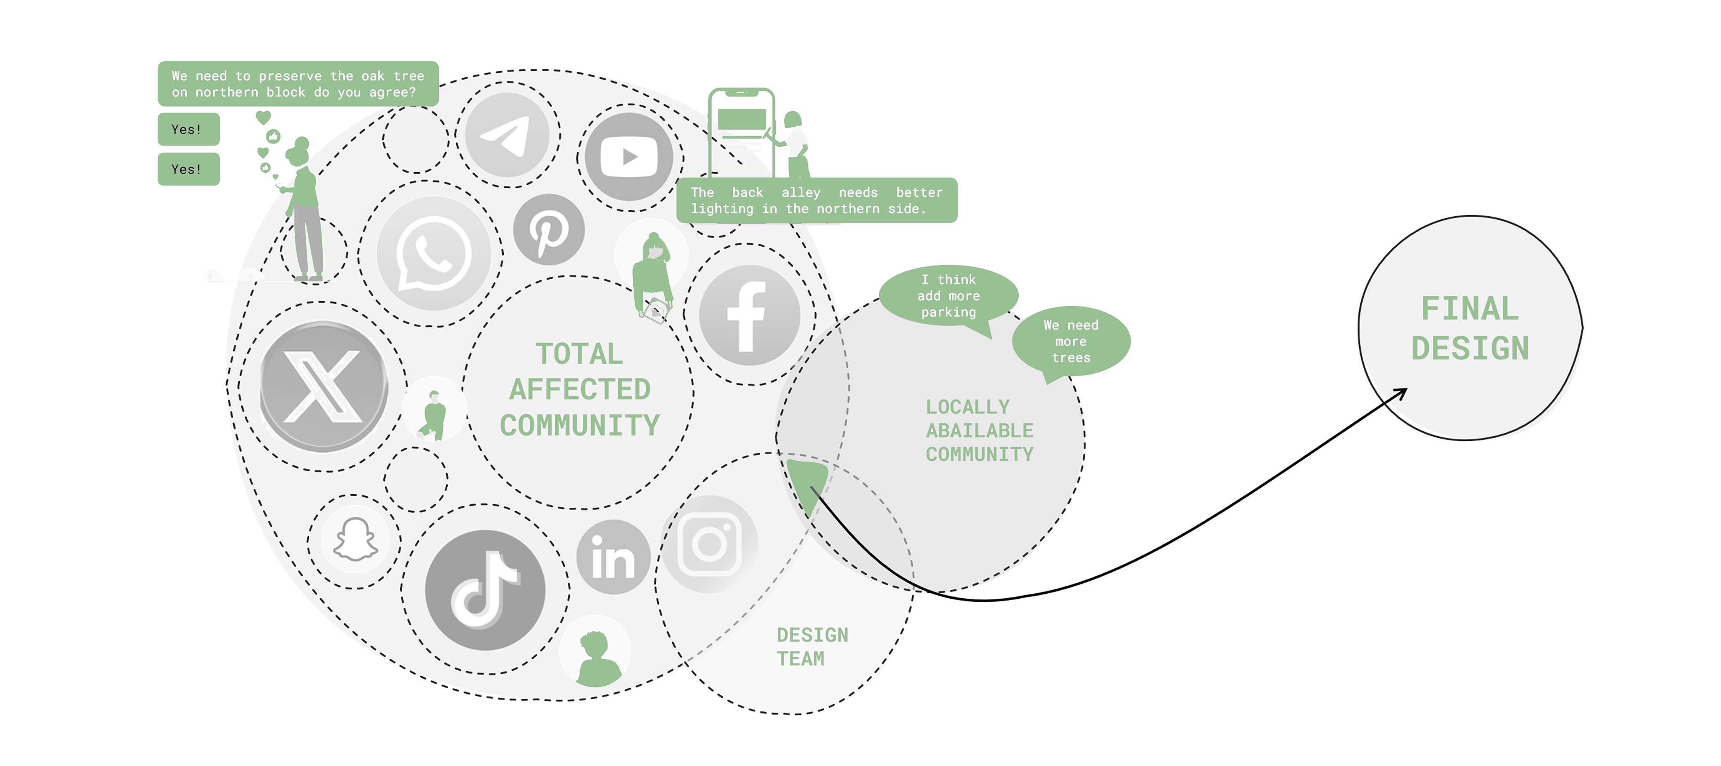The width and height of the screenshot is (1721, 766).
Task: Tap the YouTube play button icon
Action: tap(629, 157)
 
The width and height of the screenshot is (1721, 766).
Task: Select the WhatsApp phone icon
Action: tap(433, 253)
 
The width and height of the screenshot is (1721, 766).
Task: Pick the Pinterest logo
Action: tap(549, 229)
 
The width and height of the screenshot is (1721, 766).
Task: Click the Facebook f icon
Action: tap(750, 315)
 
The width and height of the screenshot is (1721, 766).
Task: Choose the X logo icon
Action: tap(323, 386)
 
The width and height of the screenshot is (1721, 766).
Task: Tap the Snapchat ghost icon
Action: tap(355, 540)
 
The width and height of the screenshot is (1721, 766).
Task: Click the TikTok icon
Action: tap(485, 590)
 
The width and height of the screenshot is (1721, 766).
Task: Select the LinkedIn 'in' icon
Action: tap(613, 557)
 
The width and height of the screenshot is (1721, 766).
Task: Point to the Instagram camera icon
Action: tap(709, 544)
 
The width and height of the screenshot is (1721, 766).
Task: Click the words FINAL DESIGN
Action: tap(1470, 329)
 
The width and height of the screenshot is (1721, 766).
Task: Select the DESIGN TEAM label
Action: tap(812, 646)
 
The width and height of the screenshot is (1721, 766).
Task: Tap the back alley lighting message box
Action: tap(817, 200)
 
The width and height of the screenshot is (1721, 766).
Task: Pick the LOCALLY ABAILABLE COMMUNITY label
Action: tap(979, 431)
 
